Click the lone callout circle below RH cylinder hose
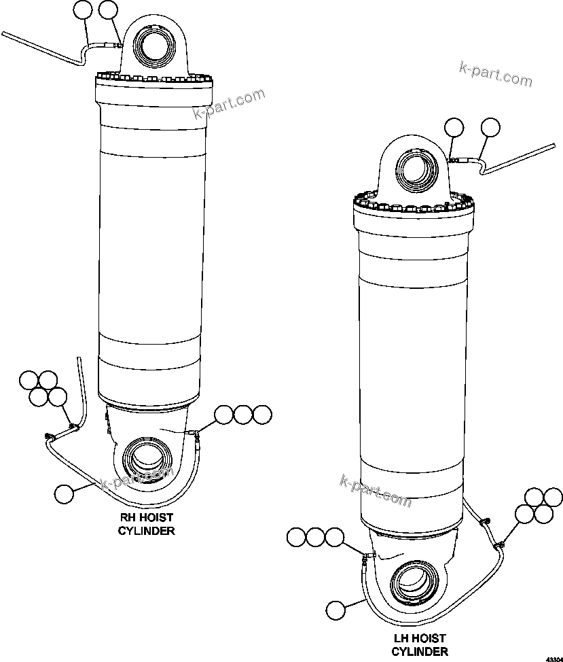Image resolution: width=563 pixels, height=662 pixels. pos(65,494)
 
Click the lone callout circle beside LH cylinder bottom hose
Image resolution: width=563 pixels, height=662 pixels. pos(335,610)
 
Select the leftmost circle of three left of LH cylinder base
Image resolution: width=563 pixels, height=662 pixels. pos(296,538)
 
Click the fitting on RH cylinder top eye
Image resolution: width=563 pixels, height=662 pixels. pos(118,46)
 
